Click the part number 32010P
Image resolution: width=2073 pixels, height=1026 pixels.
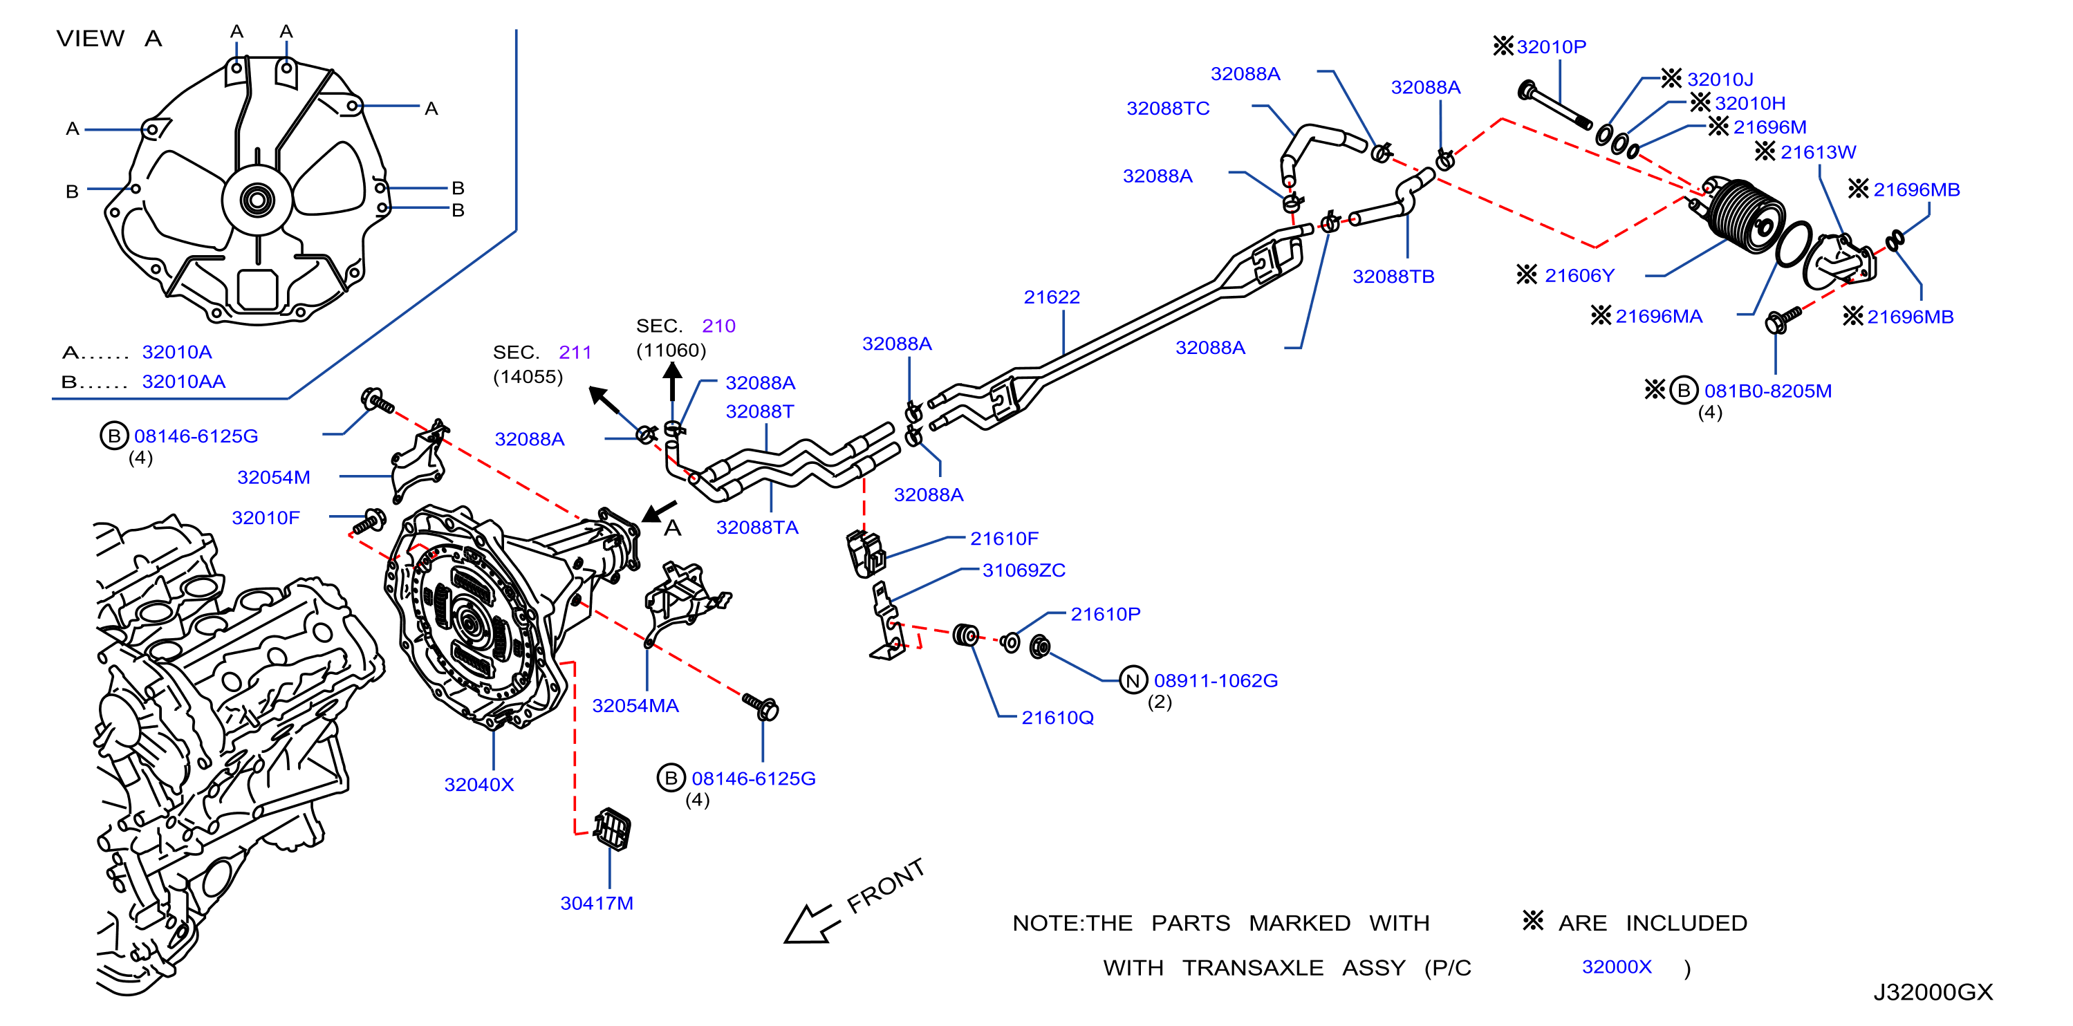(1551, 47)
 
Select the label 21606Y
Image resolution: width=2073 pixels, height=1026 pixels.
(1579, 275)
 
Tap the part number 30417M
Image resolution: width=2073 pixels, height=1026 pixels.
(596, 903)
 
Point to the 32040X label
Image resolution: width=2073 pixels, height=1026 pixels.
(478, 785)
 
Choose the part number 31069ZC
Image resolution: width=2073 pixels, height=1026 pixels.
(1023, 570)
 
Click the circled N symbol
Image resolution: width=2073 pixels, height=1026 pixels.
(1133, 681)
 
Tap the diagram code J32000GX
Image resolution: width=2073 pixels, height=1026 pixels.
(1933, 992)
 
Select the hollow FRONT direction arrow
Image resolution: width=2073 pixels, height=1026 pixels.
(811, 924)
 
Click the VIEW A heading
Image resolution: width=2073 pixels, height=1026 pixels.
(109, 39)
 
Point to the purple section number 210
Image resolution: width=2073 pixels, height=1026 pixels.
(718, 326)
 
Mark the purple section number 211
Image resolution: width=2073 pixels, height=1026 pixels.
(575, 353)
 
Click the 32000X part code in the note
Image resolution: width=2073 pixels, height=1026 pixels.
(1616, 967)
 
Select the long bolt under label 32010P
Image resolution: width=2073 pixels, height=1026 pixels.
(1554, 105)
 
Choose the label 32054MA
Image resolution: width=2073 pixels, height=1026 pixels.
(635, 706)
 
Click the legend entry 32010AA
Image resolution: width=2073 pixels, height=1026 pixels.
(183, 382)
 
